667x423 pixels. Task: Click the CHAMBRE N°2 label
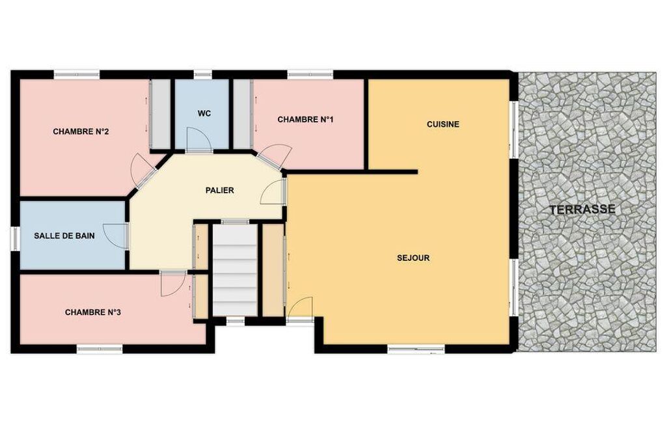(x=81, y=131)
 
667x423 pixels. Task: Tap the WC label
(x=204, y=114)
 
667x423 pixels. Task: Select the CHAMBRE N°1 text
(x=305, y=120)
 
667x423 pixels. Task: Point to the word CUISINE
(x=443, y=124)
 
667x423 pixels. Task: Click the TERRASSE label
(x=582, y=210)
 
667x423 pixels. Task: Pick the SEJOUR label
(x=413, y=258)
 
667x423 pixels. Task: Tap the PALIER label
(x=219, y=190)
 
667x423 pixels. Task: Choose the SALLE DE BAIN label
(x=64, y=236)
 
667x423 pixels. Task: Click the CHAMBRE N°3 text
(x=93, y=312)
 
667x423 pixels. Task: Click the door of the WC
(x=199, y=141)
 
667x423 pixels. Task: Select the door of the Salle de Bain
(x=116, y=236)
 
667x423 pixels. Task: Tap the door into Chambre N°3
(x=173, y=284)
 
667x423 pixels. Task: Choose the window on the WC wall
(x=203, y=75)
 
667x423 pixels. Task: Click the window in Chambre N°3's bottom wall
(x=100, y=349)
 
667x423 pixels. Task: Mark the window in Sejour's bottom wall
(x=416, y=349)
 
